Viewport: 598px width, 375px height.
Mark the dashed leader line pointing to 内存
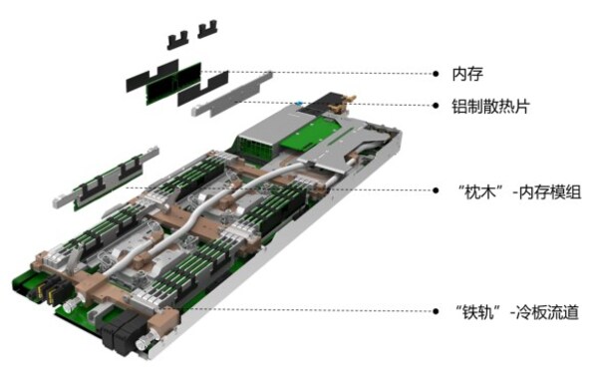(x=329, y=74)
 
